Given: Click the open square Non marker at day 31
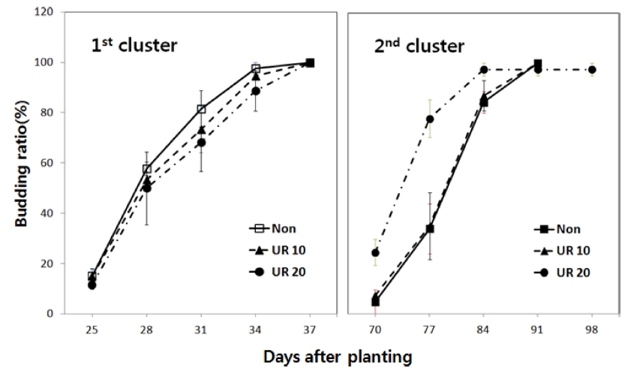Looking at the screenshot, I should coord(201,109).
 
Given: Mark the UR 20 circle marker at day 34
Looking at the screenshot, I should coord(256,91).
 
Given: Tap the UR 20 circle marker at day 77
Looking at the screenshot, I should coord(430,119).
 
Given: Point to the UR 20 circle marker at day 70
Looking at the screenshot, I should coord(375,252).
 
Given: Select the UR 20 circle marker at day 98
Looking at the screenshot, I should coord(592,70).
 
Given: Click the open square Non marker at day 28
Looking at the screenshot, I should coord(146,169).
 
